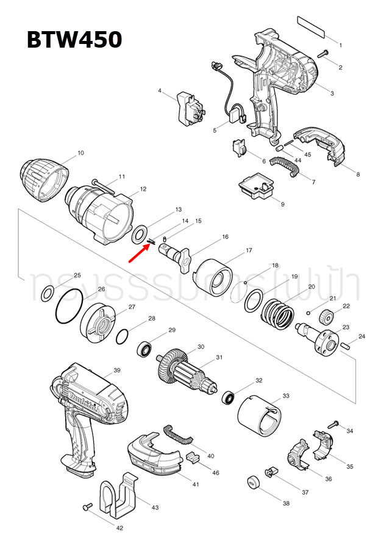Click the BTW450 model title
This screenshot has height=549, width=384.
[x=74, y=40]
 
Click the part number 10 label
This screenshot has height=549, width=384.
[x=80, y=153]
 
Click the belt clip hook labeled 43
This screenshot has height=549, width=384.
[x=122, y=494]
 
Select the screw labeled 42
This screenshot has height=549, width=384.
[x=87, y=506]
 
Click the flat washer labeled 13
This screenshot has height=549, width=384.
[x=140, y=233]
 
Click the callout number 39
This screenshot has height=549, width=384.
[x=117, y=370]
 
